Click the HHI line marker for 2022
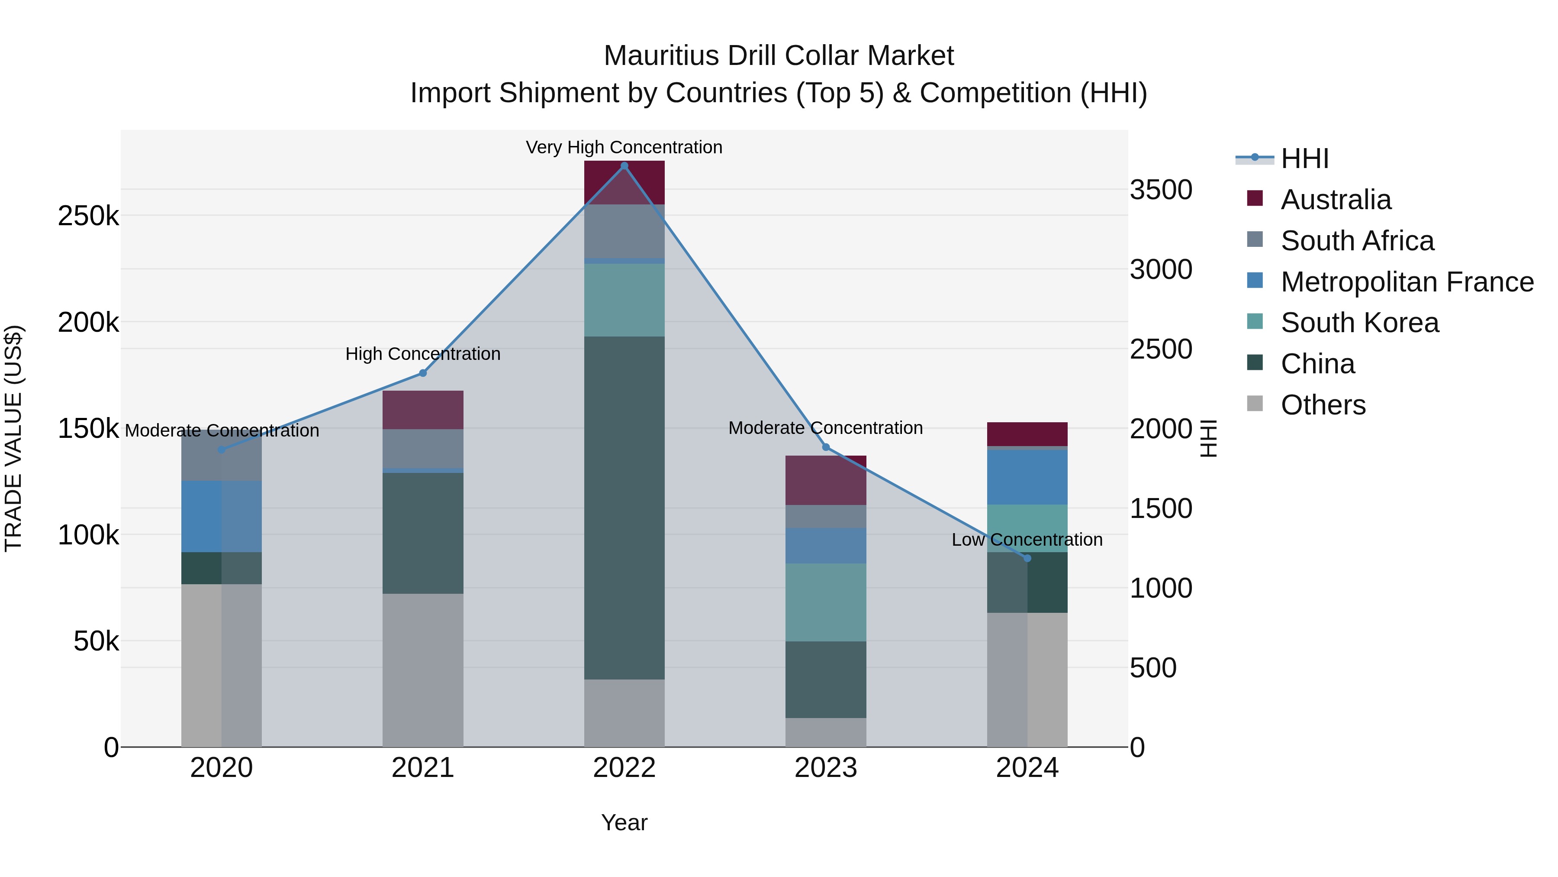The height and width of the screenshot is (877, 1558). pyautogui.click(x=624, y=165)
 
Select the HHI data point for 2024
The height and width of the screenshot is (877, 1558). pyautogui.click(x=1027, y=558)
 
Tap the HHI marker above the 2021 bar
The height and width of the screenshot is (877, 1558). pyautogui.click(x=423, y=373)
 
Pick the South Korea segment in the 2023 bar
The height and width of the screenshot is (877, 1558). pyautogui.click(x=826, y=602)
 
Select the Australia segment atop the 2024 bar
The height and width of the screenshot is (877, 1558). pyautogui.click(x=1027, y=434)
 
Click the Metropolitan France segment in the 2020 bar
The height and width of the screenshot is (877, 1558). pyautogui.click(x=221, y=516)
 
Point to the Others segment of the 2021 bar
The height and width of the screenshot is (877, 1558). pyautogui.click(x=423, y=670)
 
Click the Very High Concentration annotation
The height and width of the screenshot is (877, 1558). pyautogui.click(x=624, y=147)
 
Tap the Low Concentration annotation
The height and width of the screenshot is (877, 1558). pyautogui.click(x=1027, y=539)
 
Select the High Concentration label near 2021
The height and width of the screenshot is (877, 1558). pyautogui.click(x=423, y=353)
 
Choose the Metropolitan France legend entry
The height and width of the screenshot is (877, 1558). pyautogui.click(x=1407, y=282)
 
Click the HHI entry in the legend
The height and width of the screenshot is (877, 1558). pyautogui.click(x=1304, y=159)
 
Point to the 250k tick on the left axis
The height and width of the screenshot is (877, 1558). pyautogui.click(x=88, y=216)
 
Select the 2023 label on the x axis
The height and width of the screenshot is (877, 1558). pyautogui.click(x=826, y=768)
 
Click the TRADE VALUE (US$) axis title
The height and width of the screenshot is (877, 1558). pyautogui.click(x=13, y=438)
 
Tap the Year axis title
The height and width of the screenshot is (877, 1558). pyautogui.click(x=624, y=822)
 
